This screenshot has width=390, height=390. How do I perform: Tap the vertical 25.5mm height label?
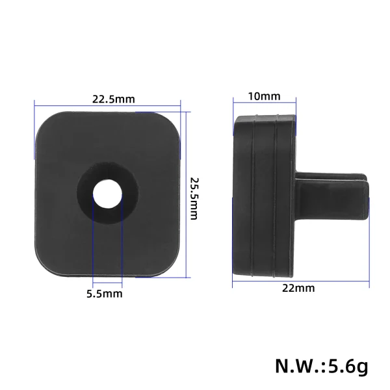pos(193,198)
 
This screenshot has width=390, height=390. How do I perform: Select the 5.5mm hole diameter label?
pos(105,294)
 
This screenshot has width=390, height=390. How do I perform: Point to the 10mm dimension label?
pos(264,96)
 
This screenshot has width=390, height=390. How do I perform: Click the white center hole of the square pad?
pos(107,193)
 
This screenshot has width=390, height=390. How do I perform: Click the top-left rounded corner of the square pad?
pos(43,120)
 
